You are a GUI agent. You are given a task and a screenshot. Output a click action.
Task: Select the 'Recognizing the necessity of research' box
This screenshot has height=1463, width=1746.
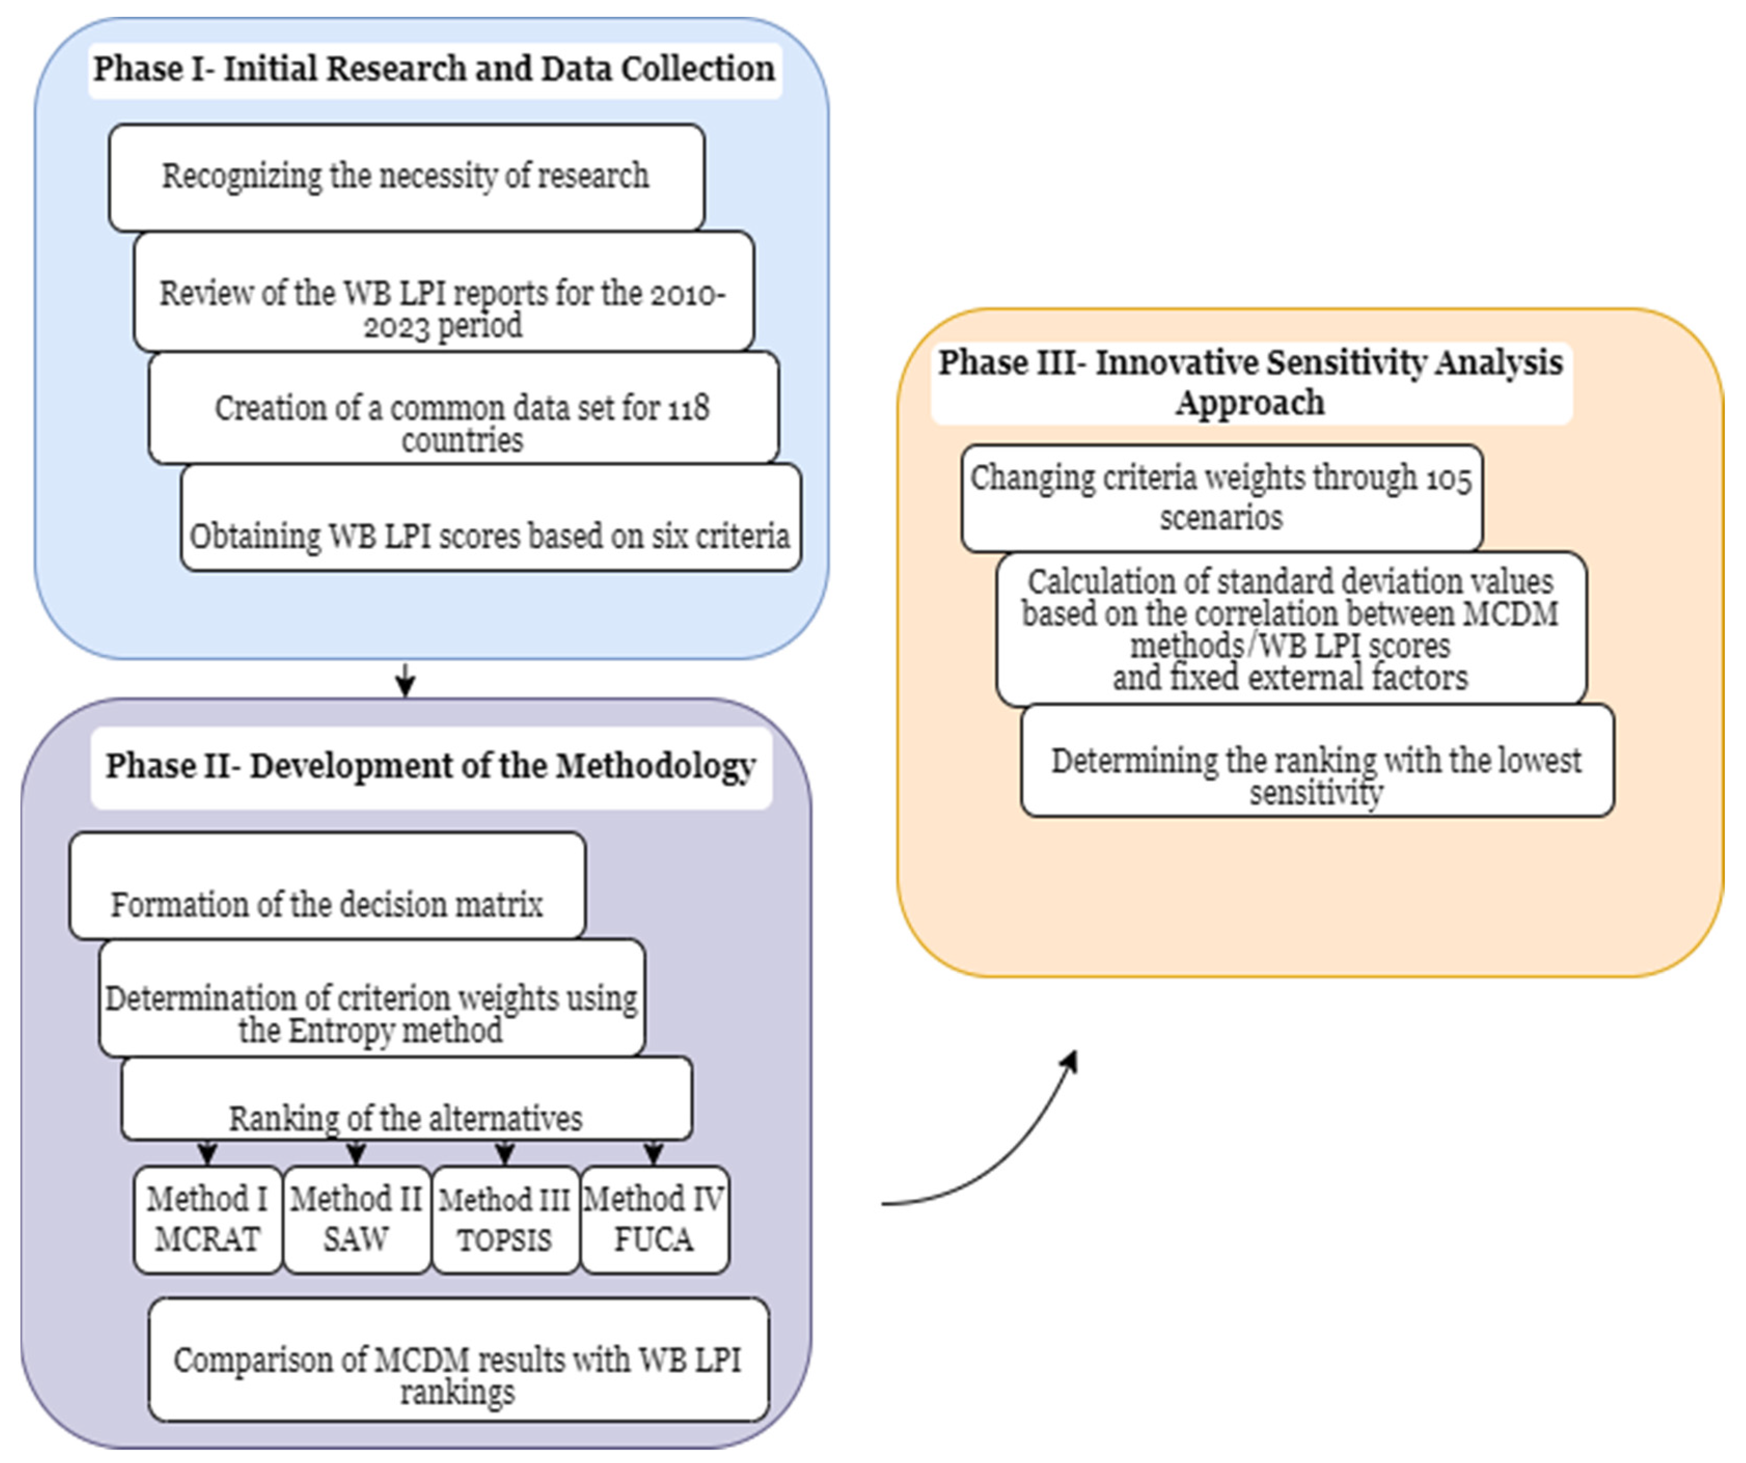pyautogui.click(x=406, y=176)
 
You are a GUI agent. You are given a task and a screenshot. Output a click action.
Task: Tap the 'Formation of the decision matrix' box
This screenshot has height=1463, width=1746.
pyautogui.click(x=327, y=903)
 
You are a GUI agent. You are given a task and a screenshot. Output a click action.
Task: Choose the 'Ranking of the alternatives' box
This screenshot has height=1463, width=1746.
pyautogui.click(x=406, y=1117)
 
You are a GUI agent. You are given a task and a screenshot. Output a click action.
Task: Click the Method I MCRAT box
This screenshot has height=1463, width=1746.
pyautogui.click(x=208, y=1219)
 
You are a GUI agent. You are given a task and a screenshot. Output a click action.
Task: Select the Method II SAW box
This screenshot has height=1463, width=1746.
pyautogui.click(x=356, y=1219)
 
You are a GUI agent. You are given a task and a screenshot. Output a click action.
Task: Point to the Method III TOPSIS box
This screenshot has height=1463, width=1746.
pyautogui.click(x=505, y=1219)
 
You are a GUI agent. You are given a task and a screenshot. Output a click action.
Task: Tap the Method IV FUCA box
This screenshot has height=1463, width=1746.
pyautogui.click(x=653, y=1219)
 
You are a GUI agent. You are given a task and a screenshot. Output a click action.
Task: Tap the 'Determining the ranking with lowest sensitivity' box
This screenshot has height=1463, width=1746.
pyautogui.click(x=1316, y=775)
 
